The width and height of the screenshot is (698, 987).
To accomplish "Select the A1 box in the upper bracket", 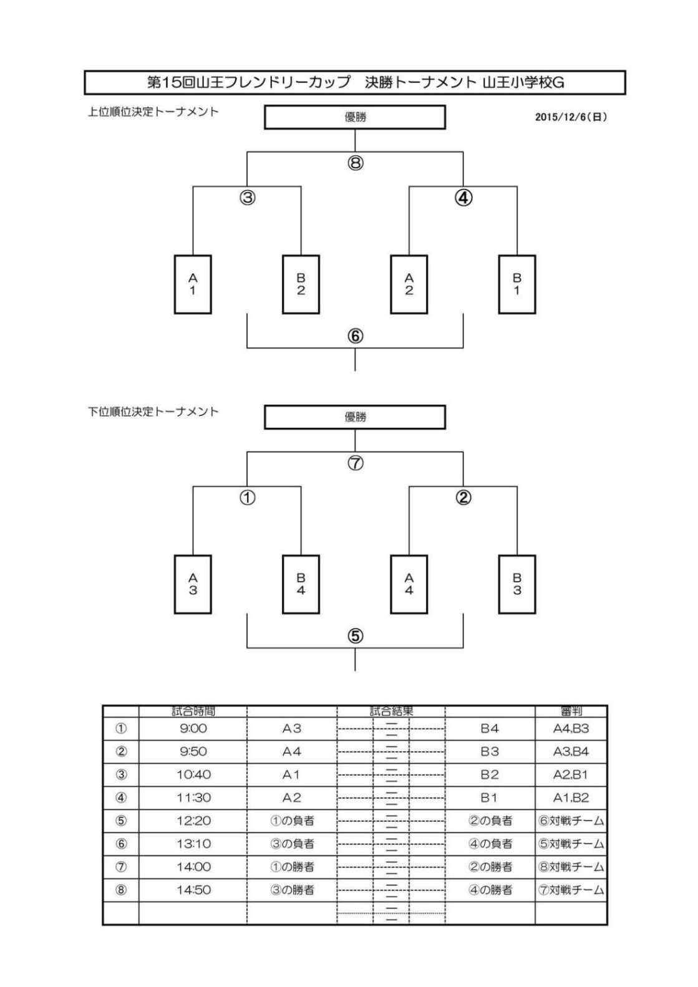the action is tap(193, 284).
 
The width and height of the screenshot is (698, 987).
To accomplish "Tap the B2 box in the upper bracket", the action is tap(301, 284).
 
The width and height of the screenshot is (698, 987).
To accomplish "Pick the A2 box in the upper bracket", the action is tap(409, 284).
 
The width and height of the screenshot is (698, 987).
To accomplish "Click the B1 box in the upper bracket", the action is tap(516, 284).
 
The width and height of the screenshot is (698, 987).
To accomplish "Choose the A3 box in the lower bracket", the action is tap(193, 584).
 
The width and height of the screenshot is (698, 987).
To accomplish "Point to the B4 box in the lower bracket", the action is tap(301, 584).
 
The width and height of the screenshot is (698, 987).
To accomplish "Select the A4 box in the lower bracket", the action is tap(409, 584).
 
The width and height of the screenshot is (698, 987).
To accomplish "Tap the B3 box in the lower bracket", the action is tap(516, 584).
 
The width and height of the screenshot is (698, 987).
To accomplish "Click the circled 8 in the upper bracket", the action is tap(356, 163).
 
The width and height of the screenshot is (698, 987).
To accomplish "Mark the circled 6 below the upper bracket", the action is tap(356, 336).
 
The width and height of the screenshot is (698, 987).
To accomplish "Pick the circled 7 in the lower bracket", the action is tap(356, 463).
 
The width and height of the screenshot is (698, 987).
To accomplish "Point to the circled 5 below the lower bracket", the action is tap(356, 636).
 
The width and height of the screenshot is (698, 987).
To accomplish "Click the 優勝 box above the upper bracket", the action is tap(355, 117).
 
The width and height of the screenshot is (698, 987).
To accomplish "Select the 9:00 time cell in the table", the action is tap(193, 728).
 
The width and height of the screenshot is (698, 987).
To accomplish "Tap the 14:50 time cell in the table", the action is tap(193, 890).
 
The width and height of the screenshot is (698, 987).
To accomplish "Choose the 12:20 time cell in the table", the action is tap(193, 821).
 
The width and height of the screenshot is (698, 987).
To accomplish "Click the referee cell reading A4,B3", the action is tap(571, 728).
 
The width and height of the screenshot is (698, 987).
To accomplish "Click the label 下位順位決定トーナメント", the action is tap(153, 412).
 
